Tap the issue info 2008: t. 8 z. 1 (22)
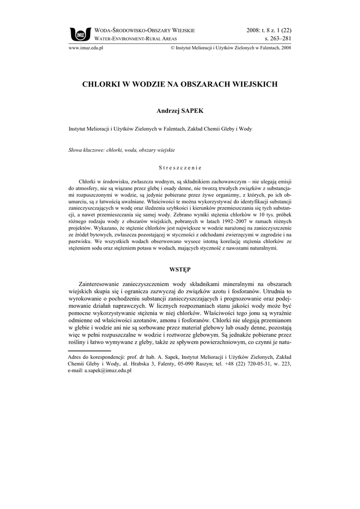coord(269,30)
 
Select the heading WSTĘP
coord(180,269)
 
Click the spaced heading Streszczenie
coord(180,168)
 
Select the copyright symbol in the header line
coord(172,48)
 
